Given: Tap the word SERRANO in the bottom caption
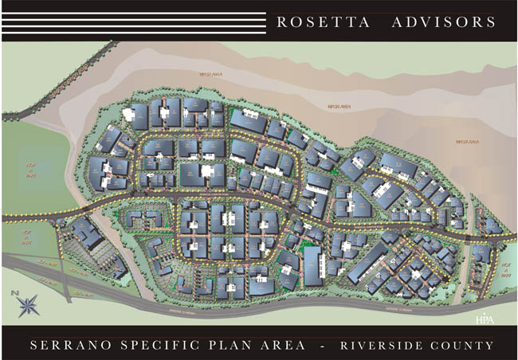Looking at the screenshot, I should tap(77, 346).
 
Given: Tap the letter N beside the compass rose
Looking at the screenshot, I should tap(14, 294).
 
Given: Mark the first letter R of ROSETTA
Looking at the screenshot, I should tap(281, 22).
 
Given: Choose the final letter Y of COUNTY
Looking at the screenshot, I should tap(489, 346).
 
